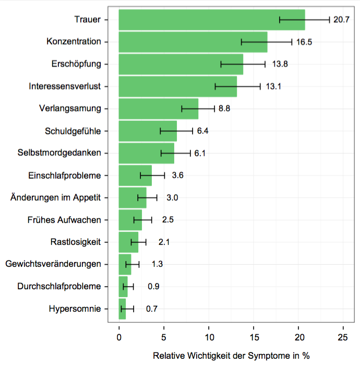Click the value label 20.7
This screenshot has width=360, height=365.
click(341, 20)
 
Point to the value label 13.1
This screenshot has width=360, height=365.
click(273, 87)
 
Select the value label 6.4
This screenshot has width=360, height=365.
click(203, 131)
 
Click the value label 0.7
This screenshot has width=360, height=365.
click(152, 309)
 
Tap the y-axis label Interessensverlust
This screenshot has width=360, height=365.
click(65, 87)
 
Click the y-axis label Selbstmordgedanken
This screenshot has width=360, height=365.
click(59, 153)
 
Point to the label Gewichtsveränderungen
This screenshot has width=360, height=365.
click(53, 264)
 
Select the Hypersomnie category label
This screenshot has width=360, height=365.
click(75, 309)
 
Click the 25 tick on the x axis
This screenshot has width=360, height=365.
click(343, 337)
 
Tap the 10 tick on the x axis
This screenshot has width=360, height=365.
click(209, 337)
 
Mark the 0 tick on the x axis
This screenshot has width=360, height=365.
click(119, 337)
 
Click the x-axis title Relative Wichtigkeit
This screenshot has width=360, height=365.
click(231, 356)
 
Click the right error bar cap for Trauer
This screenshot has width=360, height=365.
click(330, 20)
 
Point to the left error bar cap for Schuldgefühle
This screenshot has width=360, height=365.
click(160, 131)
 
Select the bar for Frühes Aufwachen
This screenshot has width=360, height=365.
click(130, 220)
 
